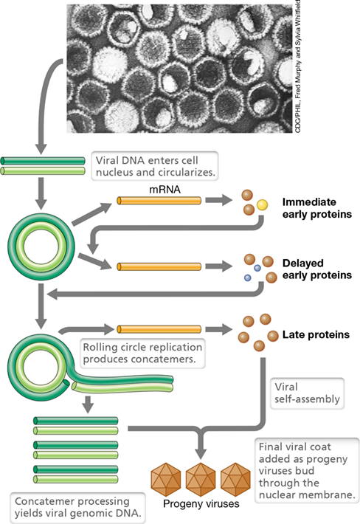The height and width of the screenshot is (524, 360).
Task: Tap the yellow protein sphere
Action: (x=262, y=205)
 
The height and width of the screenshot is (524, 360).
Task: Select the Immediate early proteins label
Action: (x=317, y=208)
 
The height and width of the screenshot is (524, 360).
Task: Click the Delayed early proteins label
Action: (x=317, y=269)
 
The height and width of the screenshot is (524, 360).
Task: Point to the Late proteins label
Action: (x=316, y=334)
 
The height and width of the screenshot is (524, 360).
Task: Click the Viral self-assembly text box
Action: (x=307, y=393)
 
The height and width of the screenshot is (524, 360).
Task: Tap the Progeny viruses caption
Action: (x=201, y=503)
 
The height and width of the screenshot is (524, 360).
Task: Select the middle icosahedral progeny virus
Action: (x=201, y=479)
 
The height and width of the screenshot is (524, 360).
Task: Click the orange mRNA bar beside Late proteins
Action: (x=159, y=329)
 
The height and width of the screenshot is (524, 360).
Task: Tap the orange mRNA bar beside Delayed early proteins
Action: (x=159, y=266)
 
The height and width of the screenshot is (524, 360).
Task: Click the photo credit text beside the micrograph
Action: (x=298, y=66)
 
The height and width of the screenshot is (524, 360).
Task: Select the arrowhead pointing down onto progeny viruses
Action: (x=201, y=453)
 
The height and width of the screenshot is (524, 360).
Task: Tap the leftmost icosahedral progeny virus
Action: (x=166, y=479)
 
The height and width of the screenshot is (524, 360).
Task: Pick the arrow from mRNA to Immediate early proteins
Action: (x=219, y=201)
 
